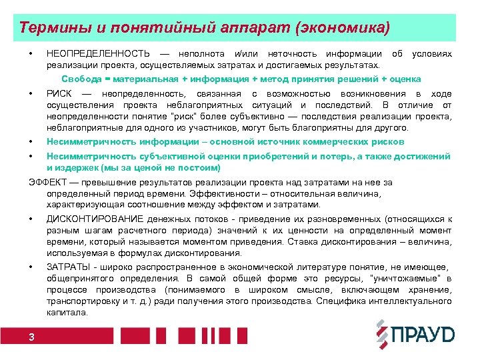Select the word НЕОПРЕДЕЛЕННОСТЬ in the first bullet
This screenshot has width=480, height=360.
pyautogui.click(x=98, y=53)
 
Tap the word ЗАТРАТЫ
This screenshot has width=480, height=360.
pyautogui.click(x=68, y=267)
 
